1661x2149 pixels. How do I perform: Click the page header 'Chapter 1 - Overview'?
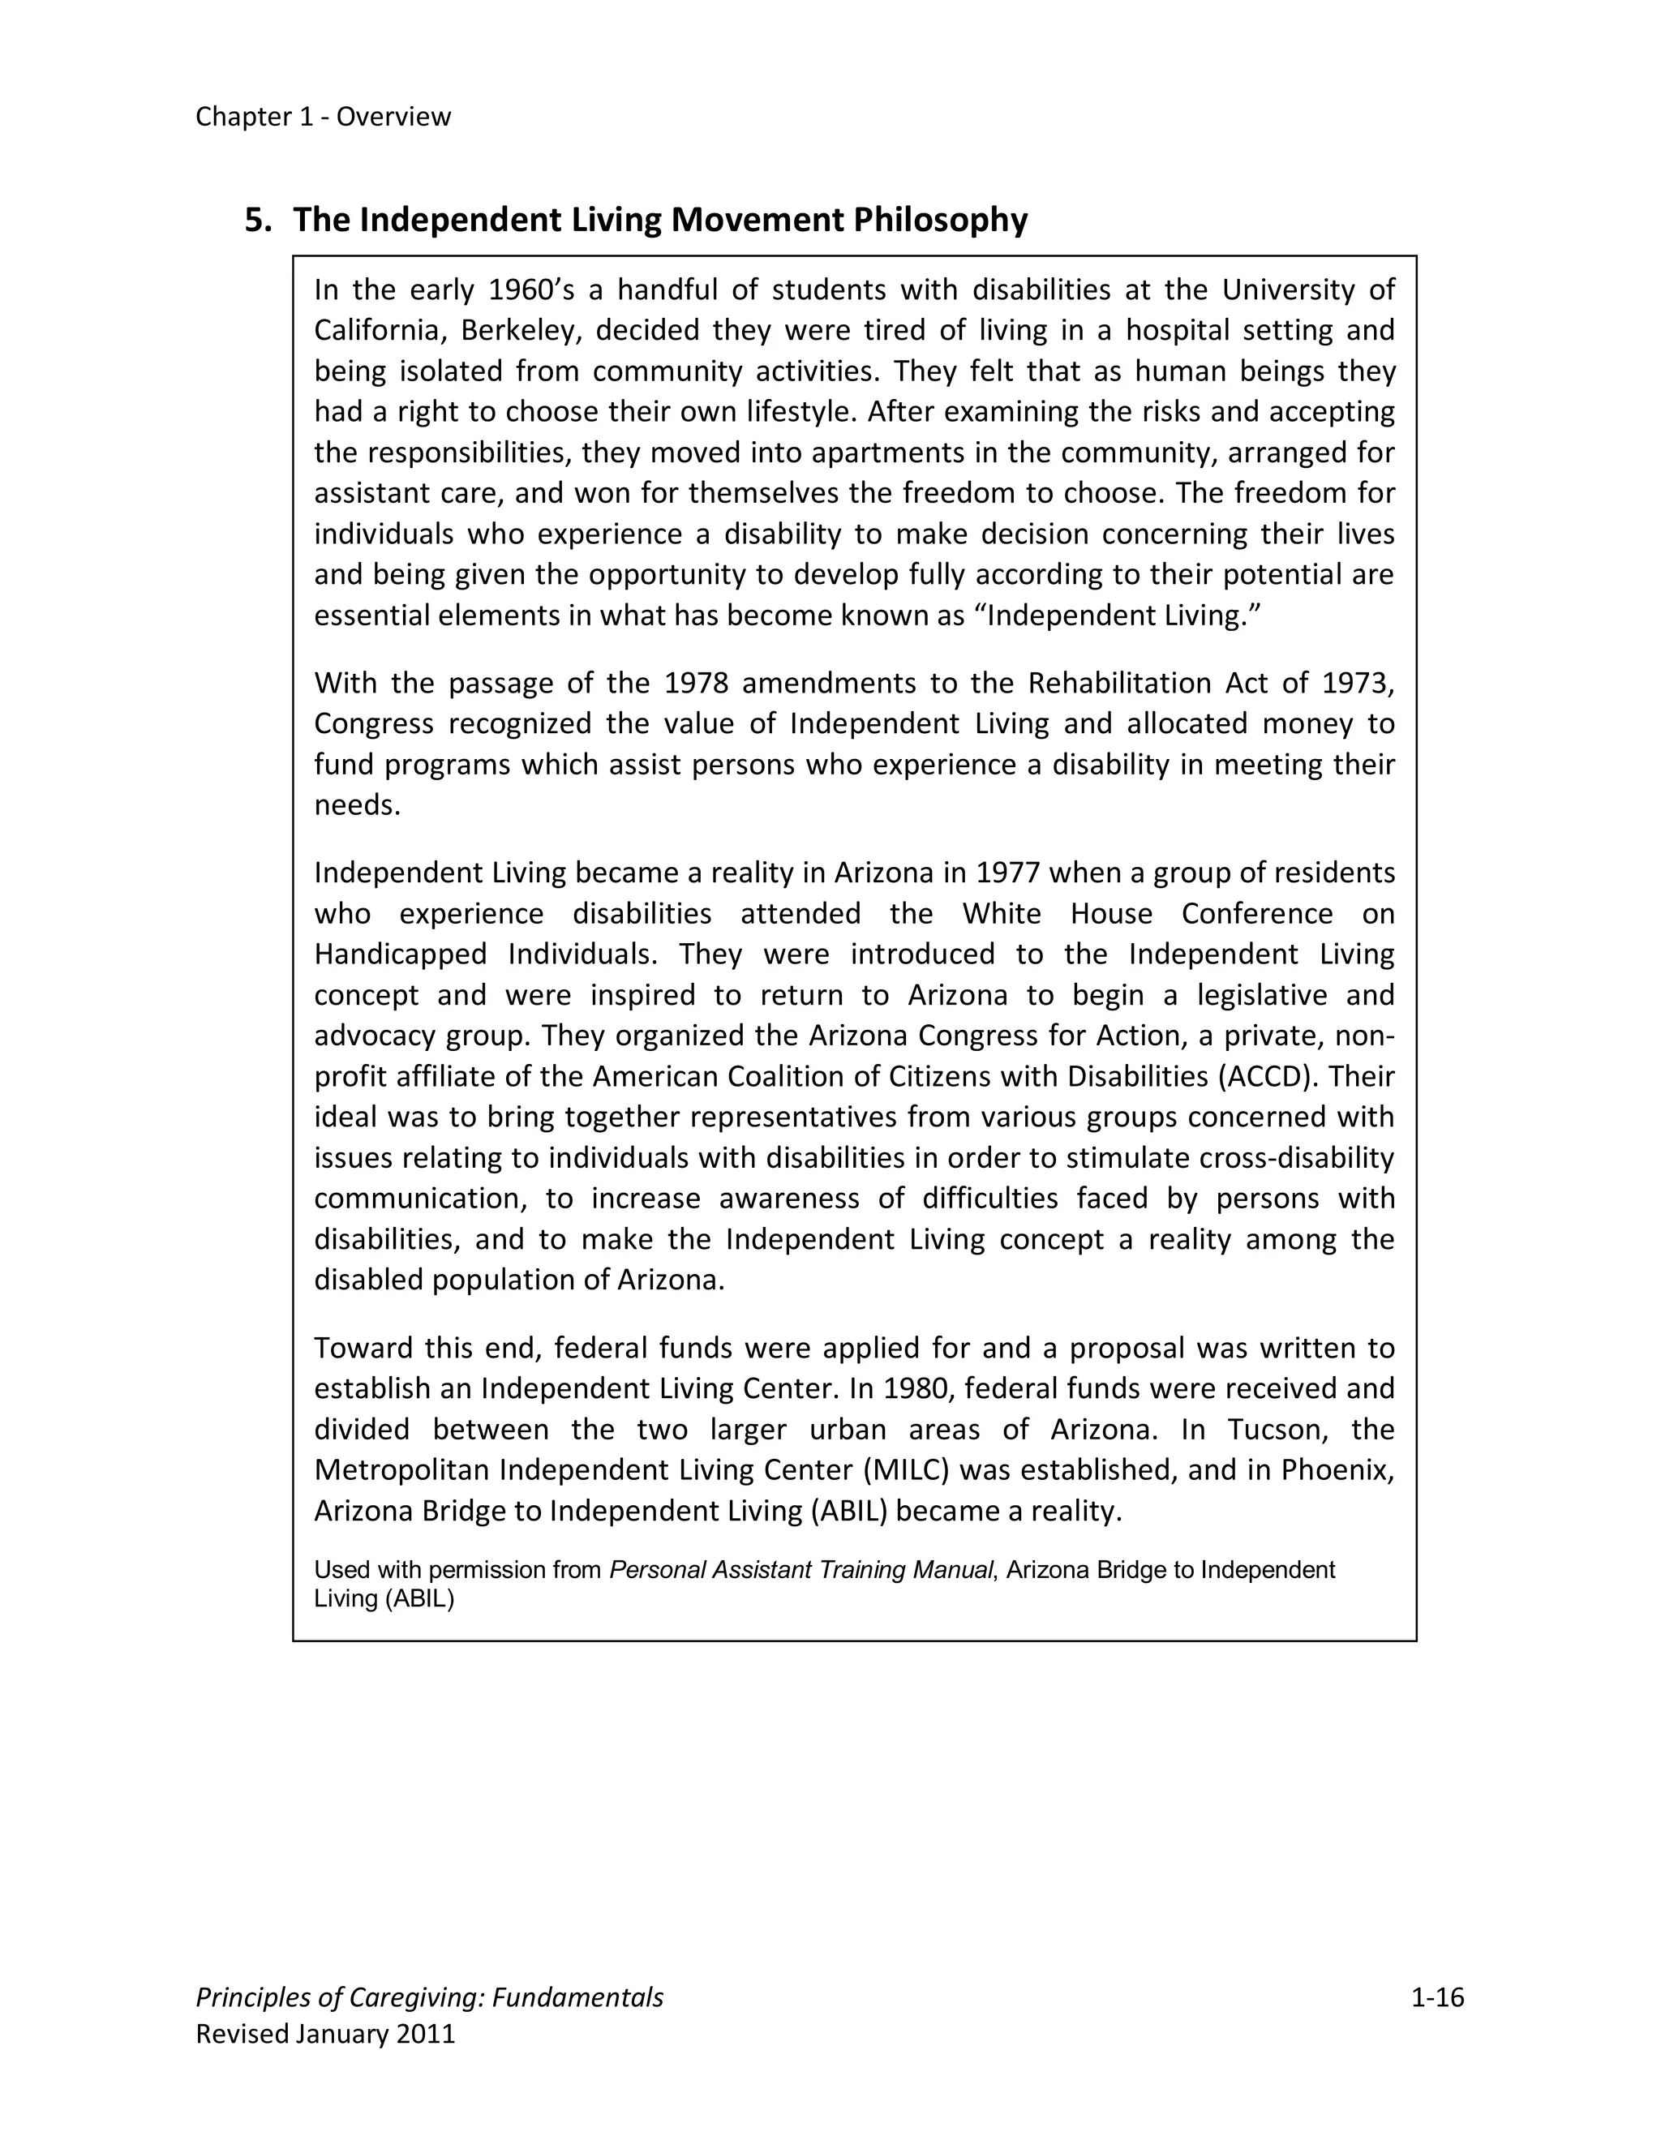point(323,116)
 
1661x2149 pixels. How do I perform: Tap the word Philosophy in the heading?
point(940,220)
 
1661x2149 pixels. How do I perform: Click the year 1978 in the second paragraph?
point(696,683)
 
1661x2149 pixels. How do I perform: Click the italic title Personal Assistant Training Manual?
point(801,1569)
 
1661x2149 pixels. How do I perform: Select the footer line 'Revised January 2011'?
point(326,2034)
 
